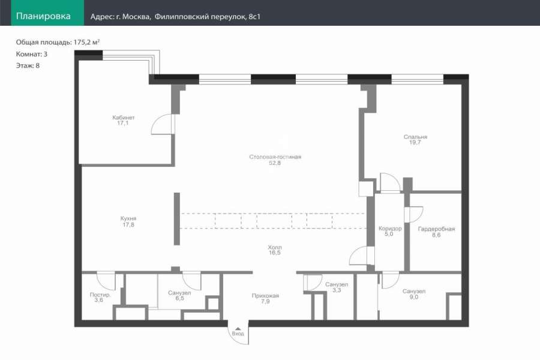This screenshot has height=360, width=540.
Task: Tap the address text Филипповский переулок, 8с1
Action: [x=208, y=17]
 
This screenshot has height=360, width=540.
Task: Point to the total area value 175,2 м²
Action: [x=86, y=42]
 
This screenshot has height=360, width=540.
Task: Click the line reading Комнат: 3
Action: [x=32, y=54]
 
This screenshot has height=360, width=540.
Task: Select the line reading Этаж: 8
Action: [x=28, y=65]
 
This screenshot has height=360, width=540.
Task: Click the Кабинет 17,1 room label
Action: [x=123, y=120]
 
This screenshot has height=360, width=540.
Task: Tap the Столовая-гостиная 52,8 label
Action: [x=275, y=160]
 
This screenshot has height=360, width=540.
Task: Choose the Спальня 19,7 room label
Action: [x=415, y=140]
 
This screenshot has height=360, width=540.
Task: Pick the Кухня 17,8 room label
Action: [x=128, y=221]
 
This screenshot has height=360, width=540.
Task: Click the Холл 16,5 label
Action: [x=275, y=250]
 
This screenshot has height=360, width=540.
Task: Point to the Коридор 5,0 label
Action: [x=390, y=231]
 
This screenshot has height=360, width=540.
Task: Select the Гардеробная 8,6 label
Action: [x=436, y=232]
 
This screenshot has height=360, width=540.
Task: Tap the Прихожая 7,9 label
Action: [x=265, y=298]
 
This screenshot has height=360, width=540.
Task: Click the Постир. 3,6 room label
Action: [x=100, y=298]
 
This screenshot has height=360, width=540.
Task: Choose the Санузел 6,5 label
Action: [x=179, y=296]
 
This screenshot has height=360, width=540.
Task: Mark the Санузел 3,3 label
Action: [x=337, y=287]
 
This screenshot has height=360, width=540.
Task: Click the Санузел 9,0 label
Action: [x=414, y=294]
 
